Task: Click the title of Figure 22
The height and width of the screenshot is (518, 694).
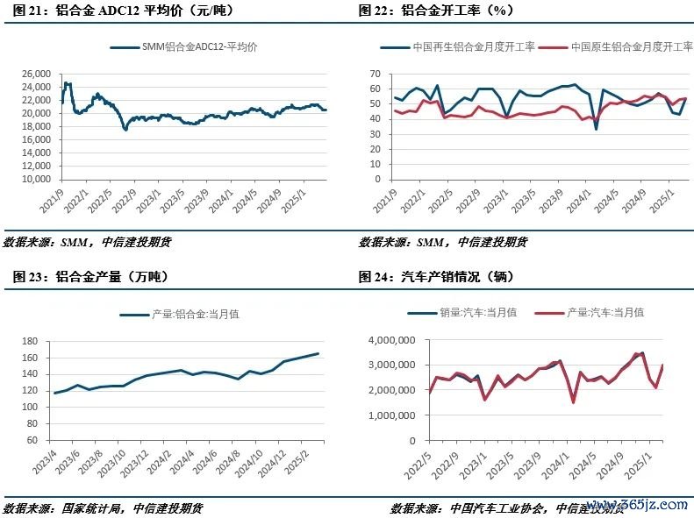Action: pos(436,11)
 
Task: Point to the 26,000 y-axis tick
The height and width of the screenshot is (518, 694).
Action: pos(35,74)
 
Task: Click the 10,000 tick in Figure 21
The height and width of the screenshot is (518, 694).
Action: pos(35,179)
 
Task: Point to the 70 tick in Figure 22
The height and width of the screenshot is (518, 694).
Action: pos(375,74)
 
